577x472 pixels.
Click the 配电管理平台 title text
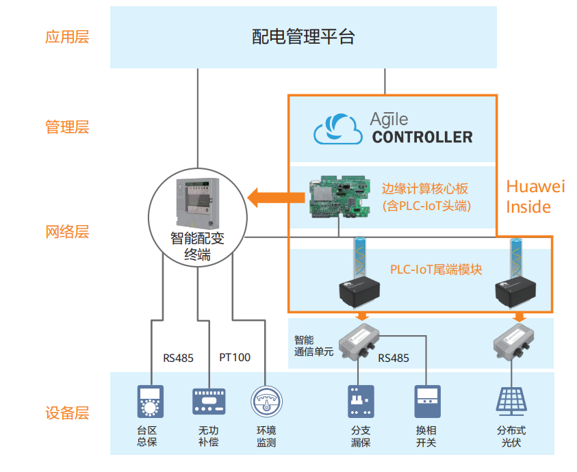(303, 37)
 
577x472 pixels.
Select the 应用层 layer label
(67, 37)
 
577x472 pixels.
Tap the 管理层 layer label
(67, 127)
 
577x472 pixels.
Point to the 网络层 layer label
(67, 232)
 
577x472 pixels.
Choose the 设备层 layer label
(67, 413)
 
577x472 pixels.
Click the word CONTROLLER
(422, 137)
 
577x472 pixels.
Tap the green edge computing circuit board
(339, 197)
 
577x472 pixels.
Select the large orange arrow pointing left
(276, 198)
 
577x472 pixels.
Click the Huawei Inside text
(536, 196)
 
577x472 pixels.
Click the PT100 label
(235, 357)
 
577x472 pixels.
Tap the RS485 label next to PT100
(178, 357)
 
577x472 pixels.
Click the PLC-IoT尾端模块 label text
(435, 270)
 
